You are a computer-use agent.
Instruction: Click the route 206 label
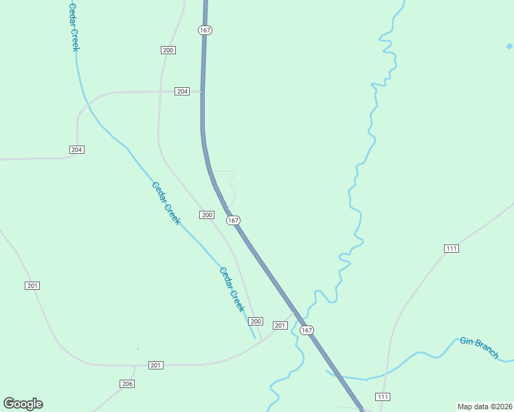point(126,384)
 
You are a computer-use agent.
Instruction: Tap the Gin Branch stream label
point(479,347)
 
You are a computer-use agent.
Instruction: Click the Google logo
point(23,404)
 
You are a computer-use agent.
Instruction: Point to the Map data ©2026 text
point(484,407)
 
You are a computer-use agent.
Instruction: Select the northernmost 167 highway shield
point(205,30)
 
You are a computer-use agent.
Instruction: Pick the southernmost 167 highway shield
point(306,330)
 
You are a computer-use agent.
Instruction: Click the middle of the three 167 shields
point(234,220)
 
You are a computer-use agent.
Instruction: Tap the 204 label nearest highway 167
point(181,91)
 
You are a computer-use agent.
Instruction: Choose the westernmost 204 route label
point(76,150)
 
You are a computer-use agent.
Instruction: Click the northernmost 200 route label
point(168,50)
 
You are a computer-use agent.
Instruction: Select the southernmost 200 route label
point(256,321)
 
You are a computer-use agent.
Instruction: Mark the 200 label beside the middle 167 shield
point(208,215)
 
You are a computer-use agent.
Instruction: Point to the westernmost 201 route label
point(32,286)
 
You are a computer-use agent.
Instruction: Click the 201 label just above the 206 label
point(156,365)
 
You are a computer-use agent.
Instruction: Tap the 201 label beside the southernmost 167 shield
point(280,325)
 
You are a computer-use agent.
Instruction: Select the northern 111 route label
point(451,249)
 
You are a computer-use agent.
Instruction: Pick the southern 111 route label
point(383,397)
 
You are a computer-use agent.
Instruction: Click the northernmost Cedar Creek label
point(74,27)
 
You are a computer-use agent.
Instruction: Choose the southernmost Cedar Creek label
point(232,289)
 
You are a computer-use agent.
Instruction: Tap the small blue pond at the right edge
point(509,47)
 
